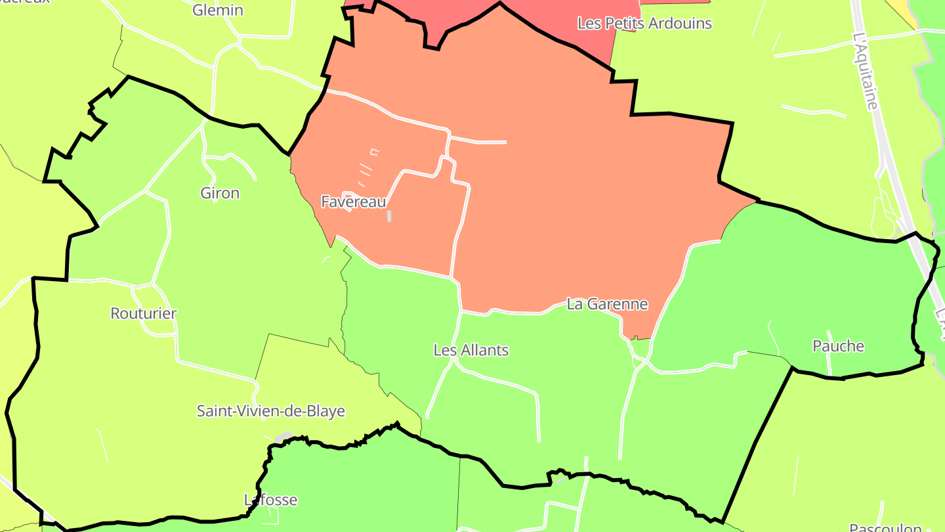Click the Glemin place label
(x=218, y=11)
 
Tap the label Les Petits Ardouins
(x=644, y=24)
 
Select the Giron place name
(x=220, y=193)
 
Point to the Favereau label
(x=354, y=202)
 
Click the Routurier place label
(x=144, y=313)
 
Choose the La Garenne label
(x=607, y=304)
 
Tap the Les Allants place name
(x=471, y=350)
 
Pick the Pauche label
(x=838, y=346)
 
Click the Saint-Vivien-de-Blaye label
(x=271, y=411)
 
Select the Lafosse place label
(x=271, y=500)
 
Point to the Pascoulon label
(x=885, y=527)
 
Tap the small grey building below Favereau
(x=389, y=215)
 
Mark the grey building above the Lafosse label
(x=283, y=437)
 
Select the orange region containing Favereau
(x=558, y=197)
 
